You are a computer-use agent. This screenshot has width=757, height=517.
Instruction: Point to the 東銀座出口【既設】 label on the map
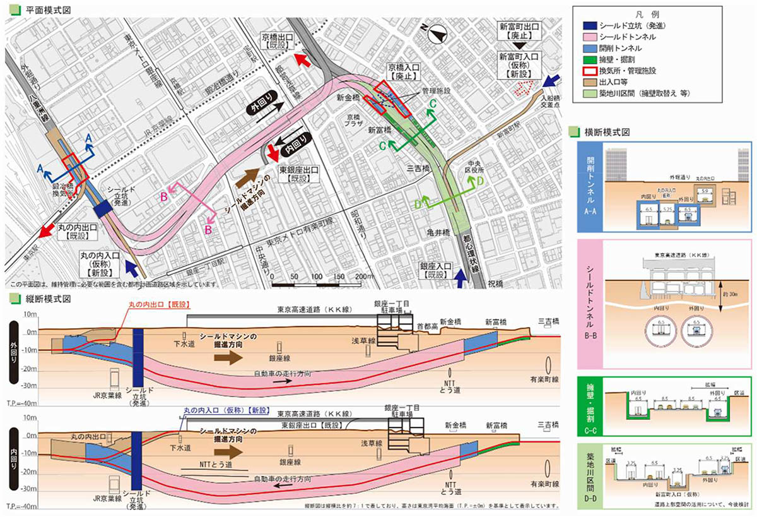point(299,174)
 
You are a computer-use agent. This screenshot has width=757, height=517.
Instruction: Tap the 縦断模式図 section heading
point(42,298)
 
